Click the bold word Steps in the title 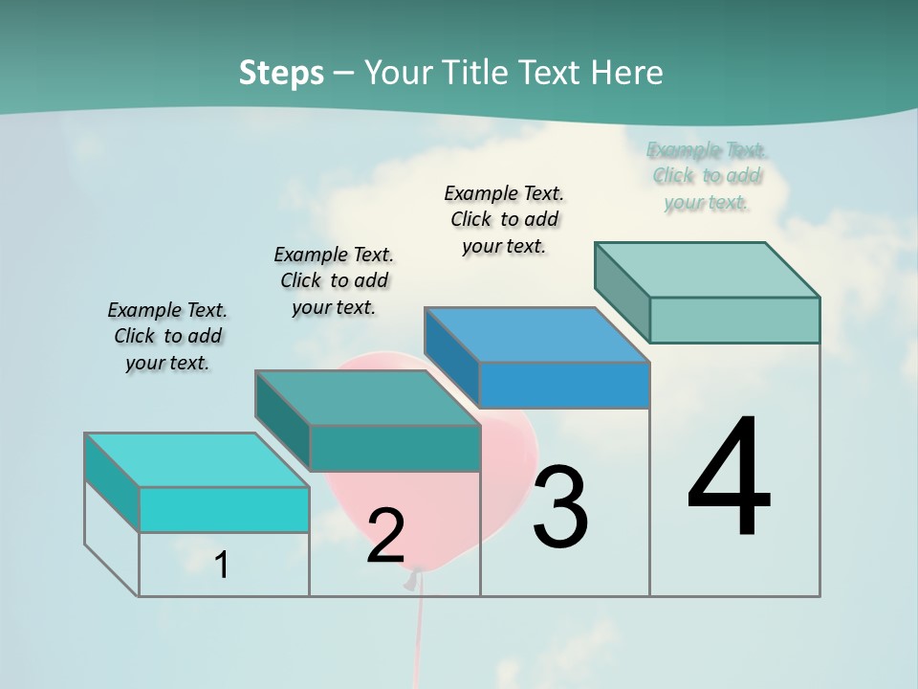[281, 73]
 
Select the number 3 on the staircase [559, 507]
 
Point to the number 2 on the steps [385, 535]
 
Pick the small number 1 [222, 565]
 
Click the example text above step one [168, 336]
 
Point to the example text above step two [334, 280]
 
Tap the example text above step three [504, 219]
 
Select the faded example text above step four [707, 175]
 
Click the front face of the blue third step [564, 386]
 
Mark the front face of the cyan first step [224, 509]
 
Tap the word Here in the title [628, 73]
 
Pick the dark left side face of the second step [282, 419]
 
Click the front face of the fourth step [734, 320]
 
